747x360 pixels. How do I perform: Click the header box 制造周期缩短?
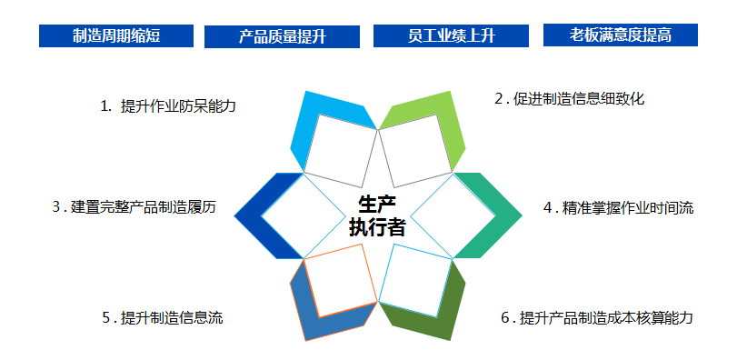click(115, 35)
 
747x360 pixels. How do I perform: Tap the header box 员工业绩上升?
click(451, 35)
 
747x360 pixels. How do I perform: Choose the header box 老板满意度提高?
click(621, 35)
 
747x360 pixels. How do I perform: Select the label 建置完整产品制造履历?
click(145, 206)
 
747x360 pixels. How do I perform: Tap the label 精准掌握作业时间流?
click(628, 207)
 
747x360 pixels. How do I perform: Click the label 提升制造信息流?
click(172, 317)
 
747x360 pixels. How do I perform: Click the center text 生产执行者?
click(376, 215)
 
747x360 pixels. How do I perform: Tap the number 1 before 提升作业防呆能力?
click(105, 106)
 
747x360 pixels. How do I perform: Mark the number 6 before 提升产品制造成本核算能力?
click(505, 317)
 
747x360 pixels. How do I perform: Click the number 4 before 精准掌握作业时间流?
click(548, 207)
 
